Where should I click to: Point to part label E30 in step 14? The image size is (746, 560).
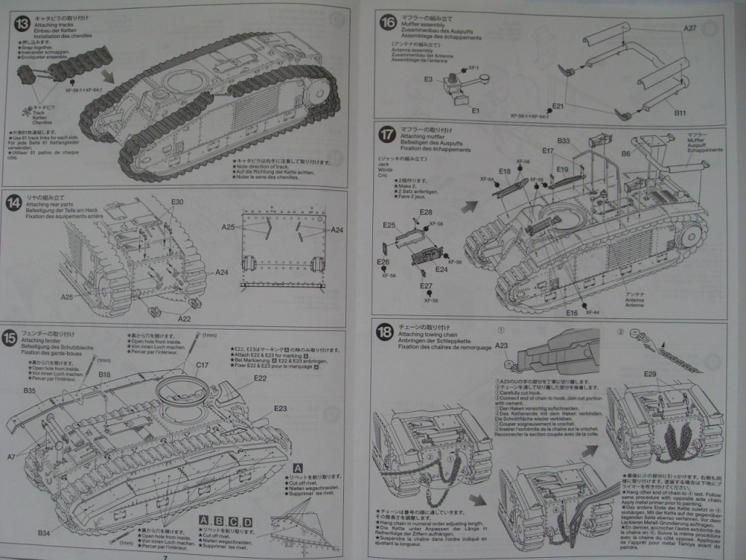pos(177,202)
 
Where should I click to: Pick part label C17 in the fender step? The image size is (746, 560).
pos(202,365)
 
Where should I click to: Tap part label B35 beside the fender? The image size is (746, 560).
pos(29,391)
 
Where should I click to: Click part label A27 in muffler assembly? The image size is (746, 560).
pos(690,28)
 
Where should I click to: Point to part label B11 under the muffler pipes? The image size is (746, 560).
pos(680,113)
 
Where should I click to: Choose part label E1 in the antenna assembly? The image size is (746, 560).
pos(476,110)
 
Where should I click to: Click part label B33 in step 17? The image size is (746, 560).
pos(563,141)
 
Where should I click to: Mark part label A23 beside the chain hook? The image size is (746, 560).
pos(501,346)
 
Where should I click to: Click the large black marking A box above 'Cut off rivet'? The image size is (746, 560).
pos(297,467)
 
